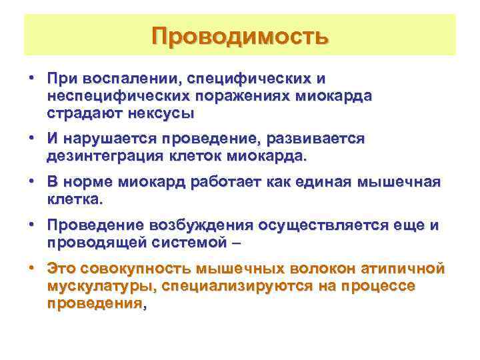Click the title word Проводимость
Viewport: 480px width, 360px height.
tap(239, 36)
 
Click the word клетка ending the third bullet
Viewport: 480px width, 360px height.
tap(74, 199)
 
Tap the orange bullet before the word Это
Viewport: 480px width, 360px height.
tap(31, 269)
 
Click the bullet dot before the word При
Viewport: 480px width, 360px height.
tap(31, 79)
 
